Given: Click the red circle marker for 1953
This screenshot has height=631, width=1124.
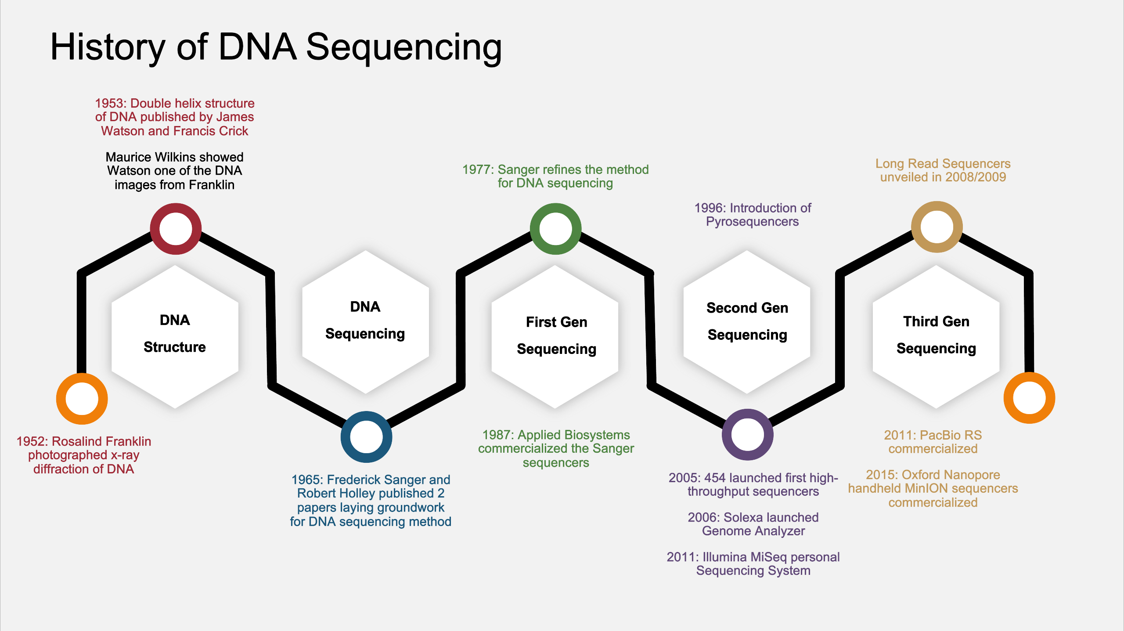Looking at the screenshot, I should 176,229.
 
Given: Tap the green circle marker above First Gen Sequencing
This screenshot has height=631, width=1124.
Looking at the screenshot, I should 555,229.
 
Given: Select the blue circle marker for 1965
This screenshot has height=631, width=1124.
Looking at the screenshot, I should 366,437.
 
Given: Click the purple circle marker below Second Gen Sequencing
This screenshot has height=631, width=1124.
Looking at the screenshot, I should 747,435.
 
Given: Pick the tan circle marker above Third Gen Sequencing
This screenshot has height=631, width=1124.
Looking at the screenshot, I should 937,227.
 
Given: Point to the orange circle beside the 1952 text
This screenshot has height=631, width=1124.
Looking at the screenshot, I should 82,399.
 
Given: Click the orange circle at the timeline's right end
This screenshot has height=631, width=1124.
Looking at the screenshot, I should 1029,398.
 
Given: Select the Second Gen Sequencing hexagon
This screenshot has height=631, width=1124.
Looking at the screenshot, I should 747,322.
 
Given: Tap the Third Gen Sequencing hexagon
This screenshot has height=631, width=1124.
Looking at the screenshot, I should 936,336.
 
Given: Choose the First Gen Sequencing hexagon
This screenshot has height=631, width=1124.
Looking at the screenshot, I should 555,336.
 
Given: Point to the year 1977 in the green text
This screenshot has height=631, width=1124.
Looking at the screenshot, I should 478,169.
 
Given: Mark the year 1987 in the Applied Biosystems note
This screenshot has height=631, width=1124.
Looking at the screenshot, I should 497,435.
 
